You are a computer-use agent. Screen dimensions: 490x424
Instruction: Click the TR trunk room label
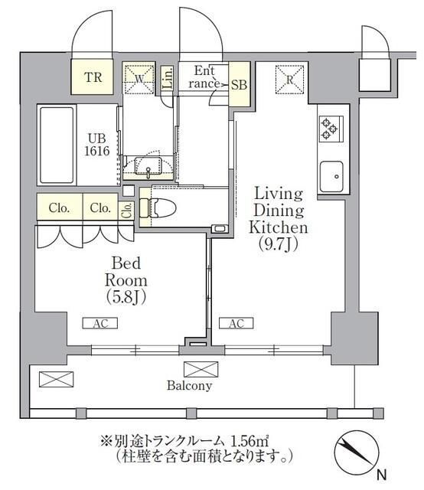click(93, 77)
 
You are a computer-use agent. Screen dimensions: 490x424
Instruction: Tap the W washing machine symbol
click(139, 77)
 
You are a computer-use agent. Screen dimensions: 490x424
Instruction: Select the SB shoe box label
click(239, 85)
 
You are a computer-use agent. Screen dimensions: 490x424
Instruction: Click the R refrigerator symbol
click(291, 77)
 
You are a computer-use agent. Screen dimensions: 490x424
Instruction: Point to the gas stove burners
click(331, 128)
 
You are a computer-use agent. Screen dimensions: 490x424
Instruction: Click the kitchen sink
click(332, 178)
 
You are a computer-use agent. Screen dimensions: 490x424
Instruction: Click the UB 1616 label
click(97, 145)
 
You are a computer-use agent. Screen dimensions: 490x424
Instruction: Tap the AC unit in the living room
click(236, 324)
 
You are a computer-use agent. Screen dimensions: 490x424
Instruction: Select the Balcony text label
click(189, 386)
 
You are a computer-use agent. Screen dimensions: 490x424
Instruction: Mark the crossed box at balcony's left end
click(57, 378)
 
